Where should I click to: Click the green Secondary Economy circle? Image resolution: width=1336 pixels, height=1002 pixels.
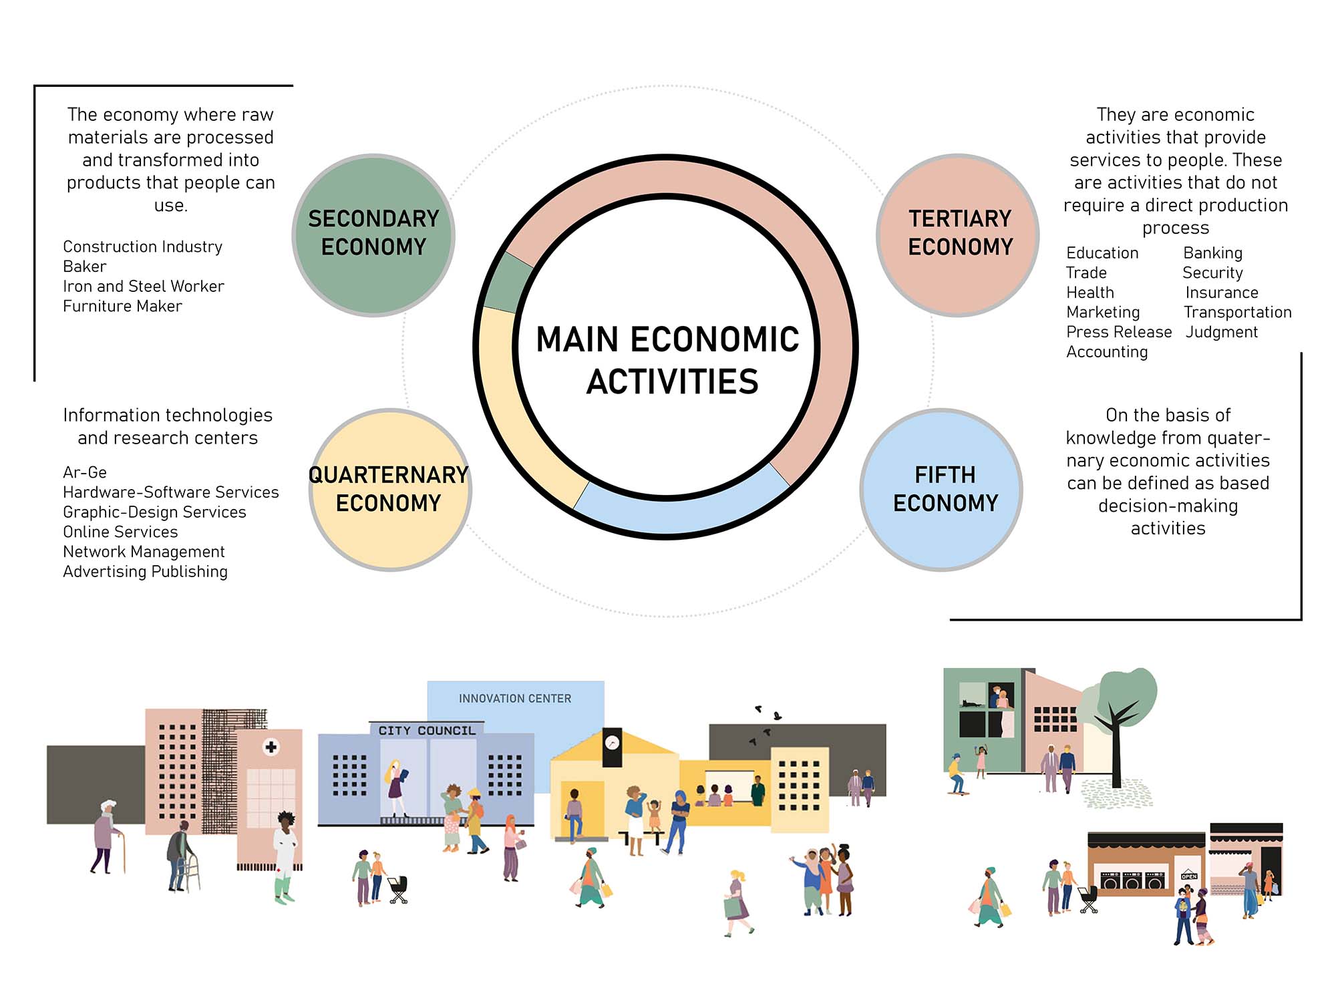click(x=373, y=235)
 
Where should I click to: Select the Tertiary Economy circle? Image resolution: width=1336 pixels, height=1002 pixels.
click(x=958, y=235)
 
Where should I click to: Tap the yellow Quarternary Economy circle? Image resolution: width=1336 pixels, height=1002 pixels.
click(x=390, y=490)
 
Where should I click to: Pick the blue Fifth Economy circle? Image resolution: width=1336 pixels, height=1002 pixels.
click(x=942, y=490)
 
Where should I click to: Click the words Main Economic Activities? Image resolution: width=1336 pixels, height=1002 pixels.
click(x=668, y=361)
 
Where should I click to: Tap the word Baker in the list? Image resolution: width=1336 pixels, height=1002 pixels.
click(x=84, y=267)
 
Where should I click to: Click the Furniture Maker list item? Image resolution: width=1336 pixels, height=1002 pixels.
click(x=122, y=306)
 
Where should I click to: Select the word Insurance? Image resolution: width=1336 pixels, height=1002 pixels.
click(x=1222, y=293)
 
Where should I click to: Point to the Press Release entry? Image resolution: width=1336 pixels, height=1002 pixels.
click(x=1119, y=332)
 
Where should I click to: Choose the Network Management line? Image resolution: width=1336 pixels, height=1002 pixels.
click(x=144, y=552)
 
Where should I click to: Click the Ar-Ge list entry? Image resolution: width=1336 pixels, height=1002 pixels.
click(x=85, y=472)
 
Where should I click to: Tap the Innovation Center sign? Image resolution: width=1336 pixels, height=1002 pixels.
click(x=515, y=699)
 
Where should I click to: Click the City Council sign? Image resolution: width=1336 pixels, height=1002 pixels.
click(x=427, y=731)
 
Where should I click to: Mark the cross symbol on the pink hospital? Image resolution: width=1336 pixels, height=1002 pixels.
click(x=271, y=747)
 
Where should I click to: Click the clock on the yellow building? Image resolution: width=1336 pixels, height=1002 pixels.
click(x=612, y=743)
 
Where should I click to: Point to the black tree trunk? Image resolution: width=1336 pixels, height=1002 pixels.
click(x=1116, y=755)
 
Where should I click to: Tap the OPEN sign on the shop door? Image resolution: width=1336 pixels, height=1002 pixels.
click(x=1189, y=876)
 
